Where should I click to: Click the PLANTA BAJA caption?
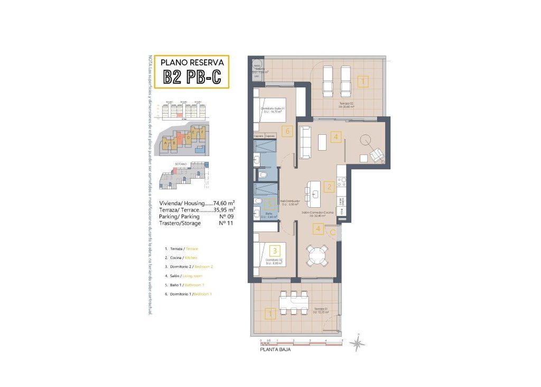pyautogui.click(x=275, y=349)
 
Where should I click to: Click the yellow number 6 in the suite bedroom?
pyautogui.click(x=287, y=131)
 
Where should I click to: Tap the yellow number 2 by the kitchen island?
pyautogui.click(x=329, y=187)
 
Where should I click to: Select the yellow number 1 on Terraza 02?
pyautogui.click(x=363, y=82)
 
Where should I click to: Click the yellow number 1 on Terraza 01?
pyautogui.click(x=270, y=315)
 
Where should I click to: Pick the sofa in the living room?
pyautogui.click(x=305, y=142)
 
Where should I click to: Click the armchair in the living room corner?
pyautogui.click(x=377, y=154)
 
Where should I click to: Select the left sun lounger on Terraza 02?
pyautogui.click(x=328, y=80)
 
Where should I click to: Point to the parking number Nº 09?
pyautogui.click(x=226, y=216)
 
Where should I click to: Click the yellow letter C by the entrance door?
pyautogui.click(x=333, y=231)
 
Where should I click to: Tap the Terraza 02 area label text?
pyautogui.click(x=347, y=105)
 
